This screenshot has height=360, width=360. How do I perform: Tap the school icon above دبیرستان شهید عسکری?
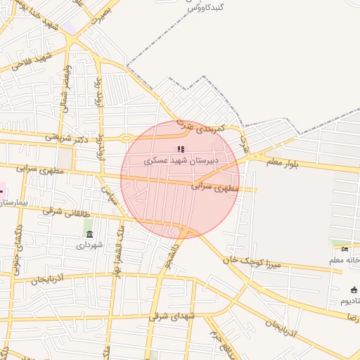181,149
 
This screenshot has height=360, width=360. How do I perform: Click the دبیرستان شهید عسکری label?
181,160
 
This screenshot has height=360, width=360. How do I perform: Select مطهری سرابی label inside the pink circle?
215,187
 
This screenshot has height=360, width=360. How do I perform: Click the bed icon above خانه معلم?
345,249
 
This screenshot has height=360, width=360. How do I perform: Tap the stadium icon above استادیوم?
354,290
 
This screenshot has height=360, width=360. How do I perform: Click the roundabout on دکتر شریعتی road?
126,138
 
